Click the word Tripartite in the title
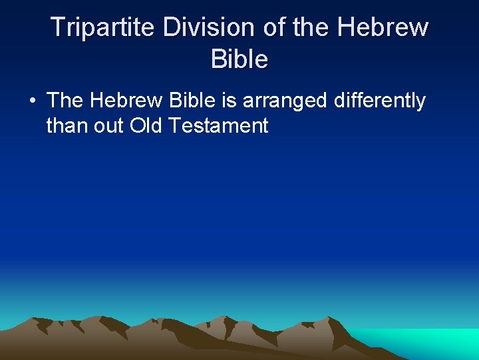tap(102, 28)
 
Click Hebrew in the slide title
tap(383, 28)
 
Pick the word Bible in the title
tap(239, 60)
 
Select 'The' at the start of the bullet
tap(66, 101)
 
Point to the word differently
tap(379, 101)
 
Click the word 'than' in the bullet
tap(65, 125)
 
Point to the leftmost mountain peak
tap(41, 320)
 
